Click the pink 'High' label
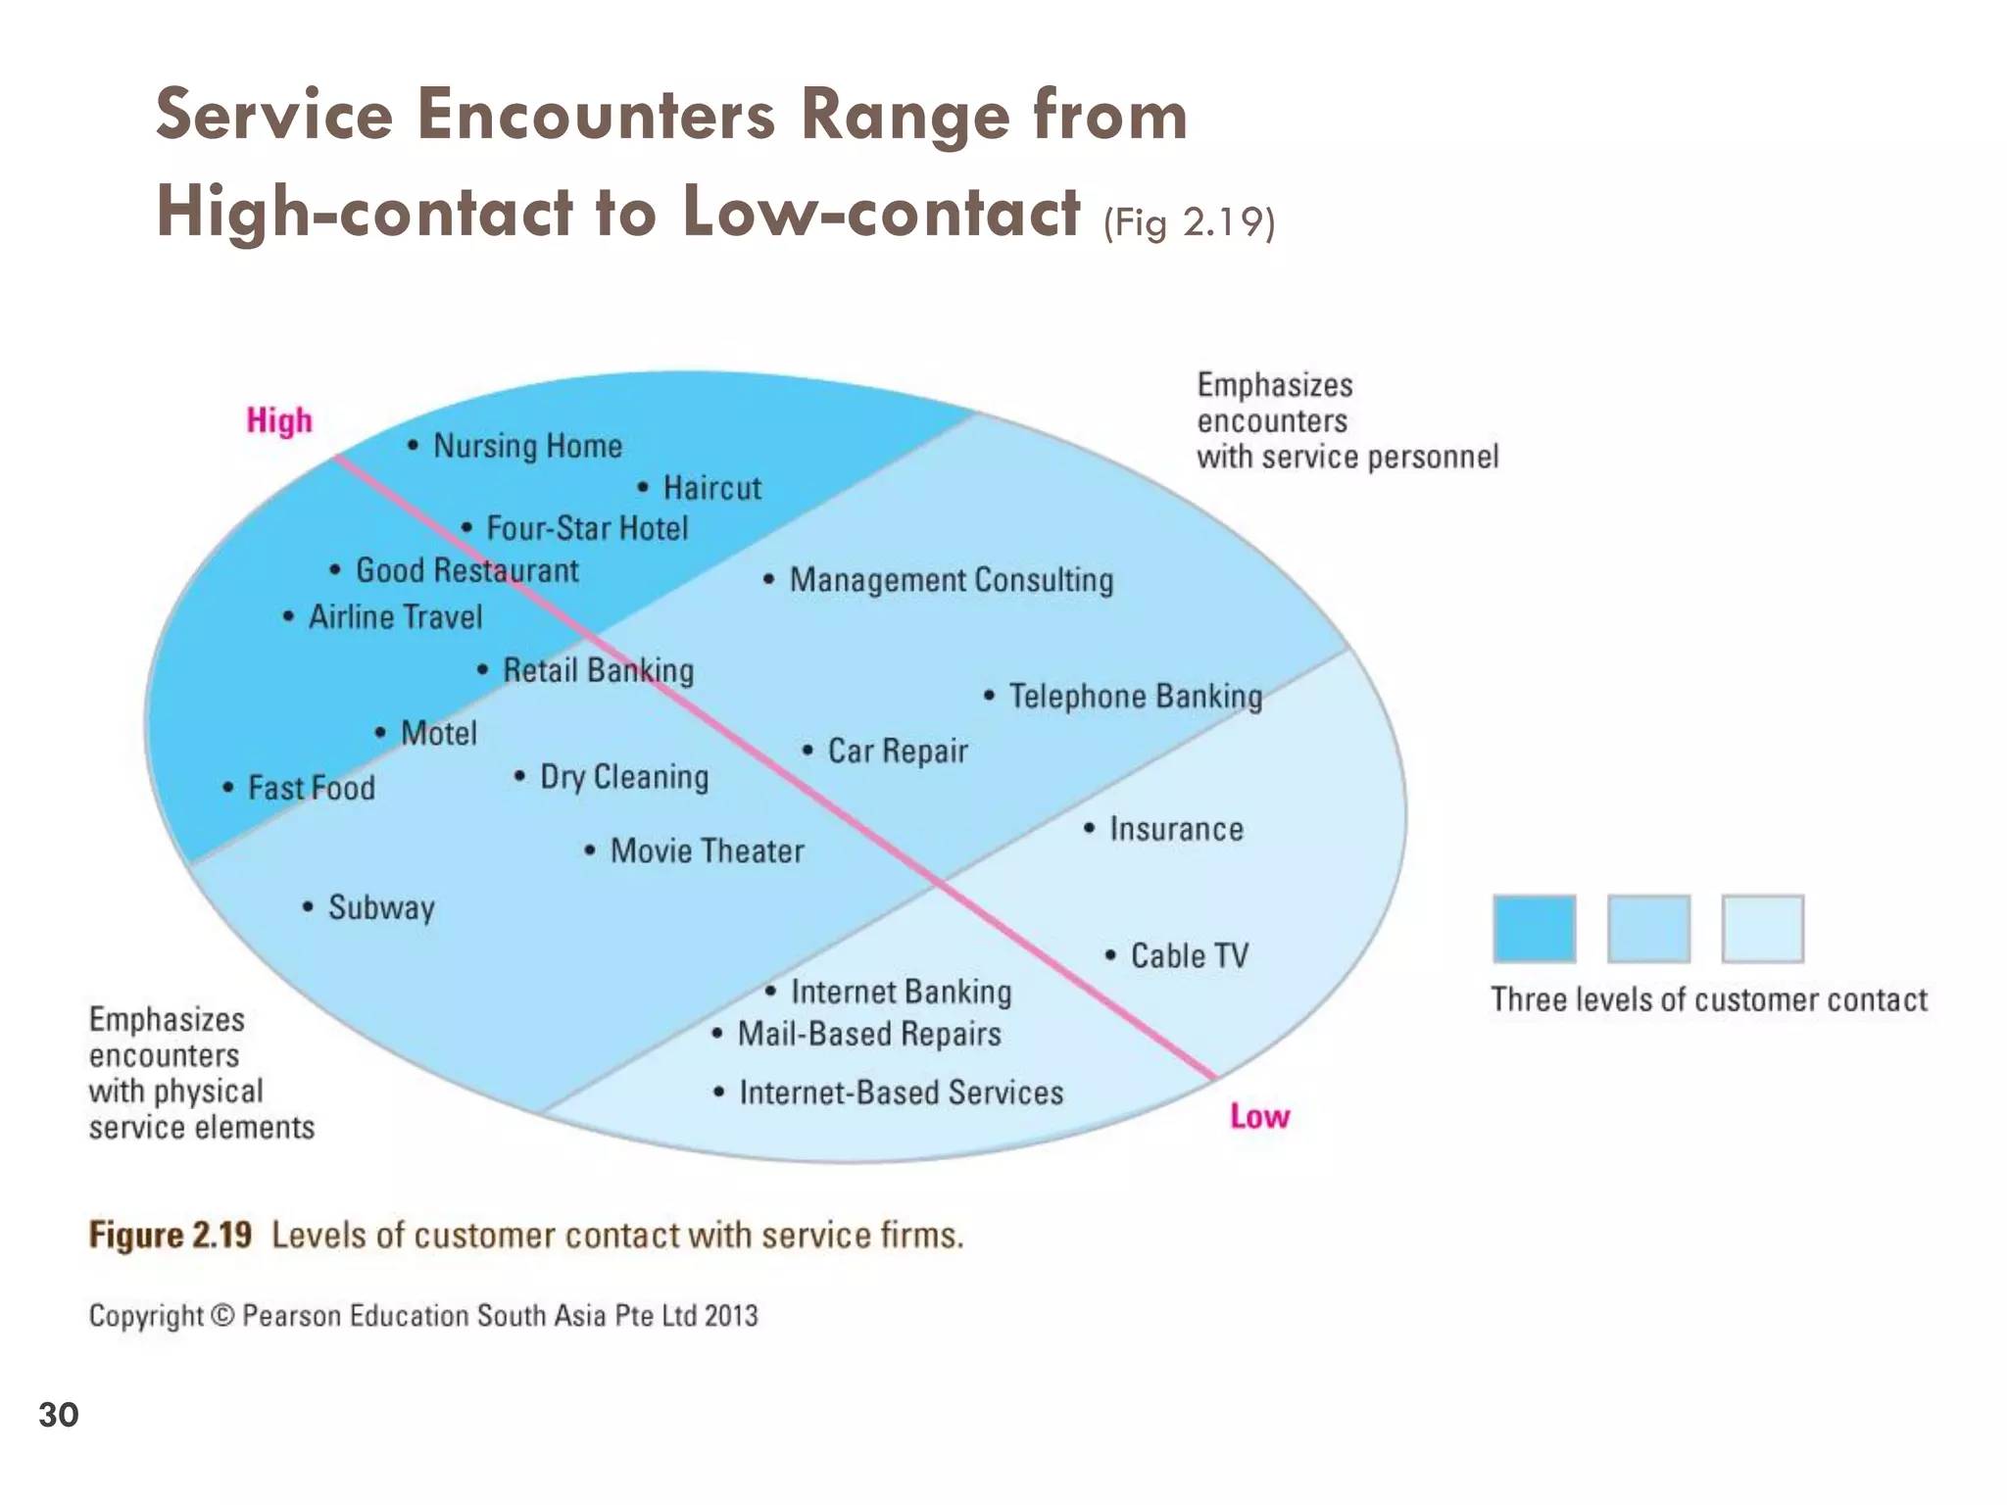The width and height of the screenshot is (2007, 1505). (x=279, y=420)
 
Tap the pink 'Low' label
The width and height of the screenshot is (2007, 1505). (x=1259, y=1116)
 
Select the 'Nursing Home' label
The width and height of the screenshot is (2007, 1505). (x=527, y=447)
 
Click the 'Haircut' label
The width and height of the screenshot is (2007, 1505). (x=711, y=488)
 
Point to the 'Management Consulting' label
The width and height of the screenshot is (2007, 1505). (x=951, y=580)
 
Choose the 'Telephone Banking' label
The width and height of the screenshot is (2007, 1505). (x=1135, y=697)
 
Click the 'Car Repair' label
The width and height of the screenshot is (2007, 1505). (x=897, y=752)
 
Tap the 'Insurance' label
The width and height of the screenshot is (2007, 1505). (x=1176, y=830)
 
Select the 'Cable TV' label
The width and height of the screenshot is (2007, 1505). (x=1189, y=956)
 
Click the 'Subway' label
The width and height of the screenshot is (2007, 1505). (x=381, y=908)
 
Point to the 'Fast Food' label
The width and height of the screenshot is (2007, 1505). (x=311, y=788)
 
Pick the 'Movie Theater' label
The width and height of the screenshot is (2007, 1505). (x=707, y=851)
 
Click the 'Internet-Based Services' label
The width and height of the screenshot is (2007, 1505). (x=901, y=1092)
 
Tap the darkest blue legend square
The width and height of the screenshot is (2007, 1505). (x=1535, y=928)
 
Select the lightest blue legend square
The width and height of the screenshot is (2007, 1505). (x=1762, y=928)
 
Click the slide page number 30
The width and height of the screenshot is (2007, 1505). (x=59, y=1415)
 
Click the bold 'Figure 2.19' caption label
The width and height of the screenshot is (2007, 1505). (x=171, y=1236)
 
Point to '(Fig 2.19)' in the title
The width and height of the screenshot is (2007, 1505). (x=1189, y=222)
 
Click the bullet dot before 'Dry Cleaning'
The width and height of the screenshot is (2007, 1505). (x=519, y=777)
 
